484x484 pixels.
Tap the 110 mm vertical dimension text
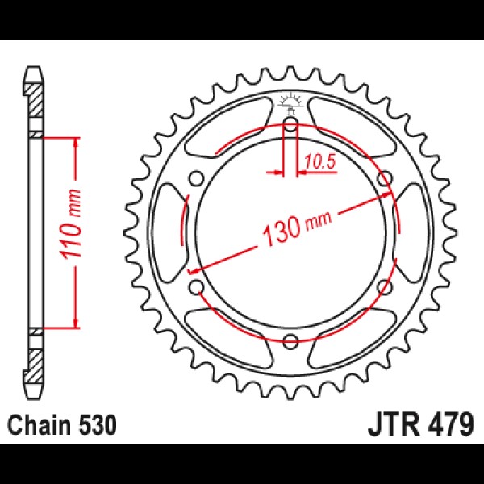pyautogui.click(x=71, y=224)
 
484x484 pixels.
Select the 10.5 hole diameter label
pyautogui.click(x=319, y=162)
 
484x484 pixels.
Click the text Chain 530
pyautogui.click(x=62, y=426)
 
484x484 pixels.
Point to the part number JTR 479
pyautogui.click(x=420, y=426)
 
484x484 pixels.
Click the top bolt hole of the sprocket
pyautogui.click(x=290, y=125)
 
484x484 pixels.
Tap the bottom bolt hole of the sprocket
pyautogui.click(x=290, y=341)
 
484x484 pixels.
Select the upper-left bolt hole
pyautogui.click(x=197, y=179)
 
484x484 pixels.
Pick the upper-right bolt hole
pyautogui.click(x=385, y=179)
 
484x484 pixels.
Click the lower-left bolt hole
pyautogui.click(x=197, y=287)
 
